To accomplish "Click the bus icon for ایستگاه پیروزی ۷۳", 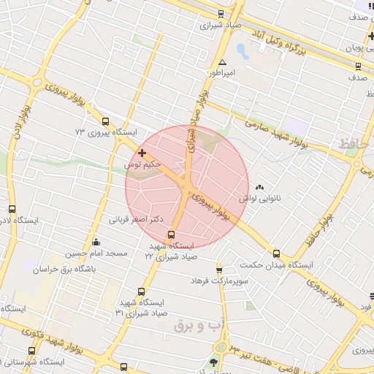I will [106, 121].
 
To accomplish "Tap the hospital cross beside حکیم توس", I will [142, 153].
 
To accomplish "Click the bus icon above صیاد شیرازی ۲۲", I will [171, 234].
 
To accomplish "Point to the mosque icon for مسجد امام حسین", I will [96, 243].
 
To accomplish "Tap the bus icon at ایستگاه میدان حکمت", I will [276, 253].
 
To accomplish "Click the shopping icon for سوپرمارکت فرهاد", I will [218, 270].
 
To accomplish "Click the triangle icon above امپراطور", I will [222, 63].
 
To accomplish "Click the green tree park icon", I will [214, 362].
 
